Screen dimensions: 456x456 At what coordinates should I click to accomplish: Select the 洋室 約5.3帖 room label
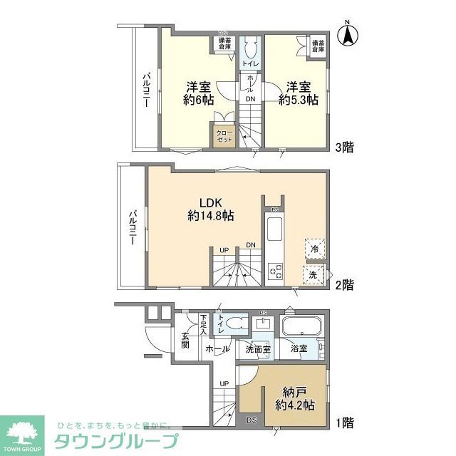tap(298, 93)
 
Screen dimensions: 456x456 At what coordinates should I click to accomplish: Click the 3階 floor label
tap(344, 148)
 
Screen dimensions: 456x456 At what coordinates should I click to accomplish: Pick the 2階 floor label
tap(344, 285)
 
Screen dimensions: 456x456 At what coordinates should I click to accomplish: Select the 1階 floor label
tap(344, 423)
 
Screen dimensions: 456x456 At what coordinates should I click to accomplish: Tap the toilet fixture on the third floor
tap(250, 48)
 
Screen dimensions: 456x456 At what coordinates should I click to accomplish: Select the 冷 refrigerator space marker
tap(314, 249)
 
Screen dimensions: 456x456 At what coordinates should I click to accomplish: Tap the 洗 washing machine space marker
tap(314, 274)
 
